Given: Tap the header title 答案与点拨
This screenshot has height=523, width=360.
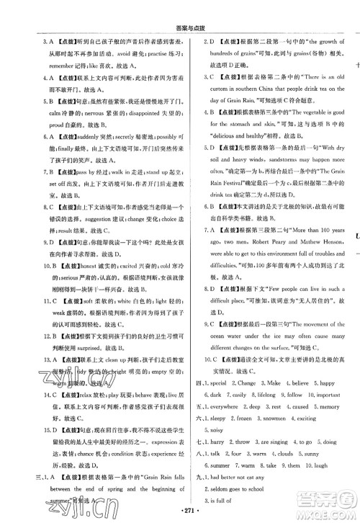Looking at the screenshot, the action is point(179,8).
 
